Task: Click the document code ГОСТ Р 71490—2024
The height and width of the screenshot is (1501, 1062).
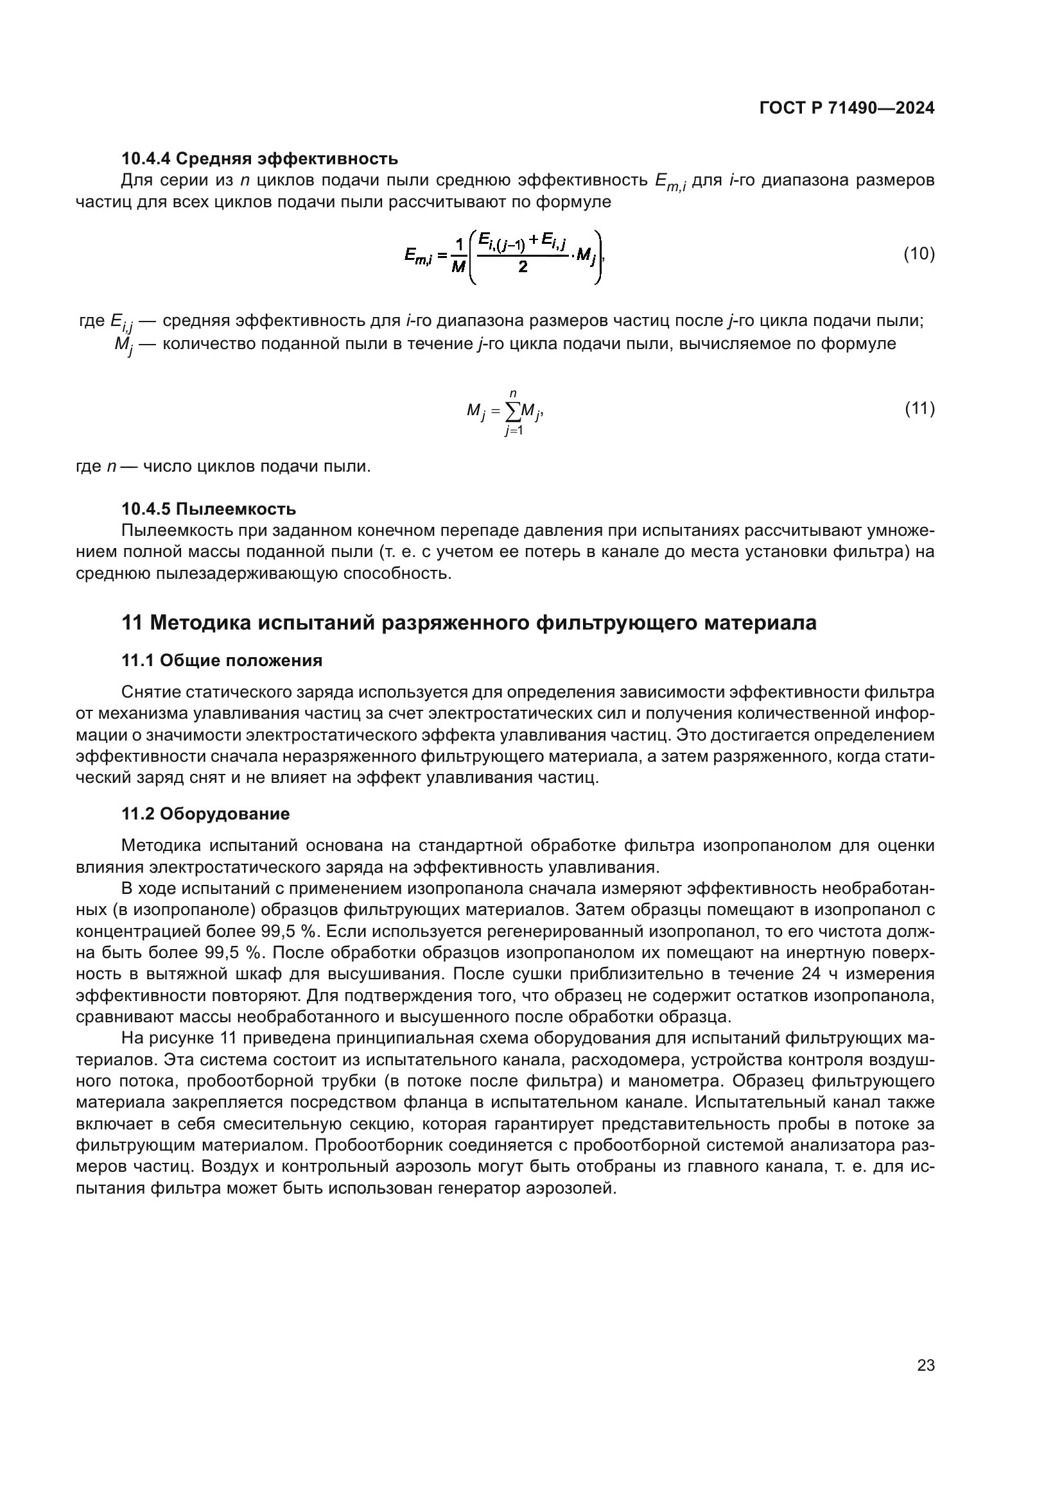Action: click(x=847, y=108)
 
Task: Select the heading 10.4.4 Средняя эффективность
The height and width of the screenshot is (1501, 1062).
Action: click(x=259, y=159)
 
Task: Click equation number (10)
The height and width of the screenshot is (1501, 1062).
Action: click(x=919, y=253)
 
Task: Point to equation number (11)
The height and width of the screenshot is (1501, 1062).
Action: click(x=919, y=409)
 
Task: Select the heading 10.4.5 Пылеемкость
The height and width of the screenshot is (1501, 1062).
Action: click(x=209, y=509)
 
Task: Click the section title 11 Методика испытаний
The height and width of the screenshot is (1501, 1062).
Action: click(x=469, y=623)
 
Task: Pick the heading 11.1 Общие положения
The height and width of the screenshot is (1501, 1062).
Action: click(x=222, y=660)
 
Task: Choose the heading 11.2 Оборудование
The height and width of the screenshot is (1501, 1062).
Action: click(x=205, y=814)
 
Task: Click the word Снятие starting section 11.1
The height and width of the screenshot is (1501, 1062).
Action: click(x=151, y=692)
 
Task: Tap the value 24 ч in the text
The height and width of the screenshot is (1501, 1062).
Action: click(x=819, y=974)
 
